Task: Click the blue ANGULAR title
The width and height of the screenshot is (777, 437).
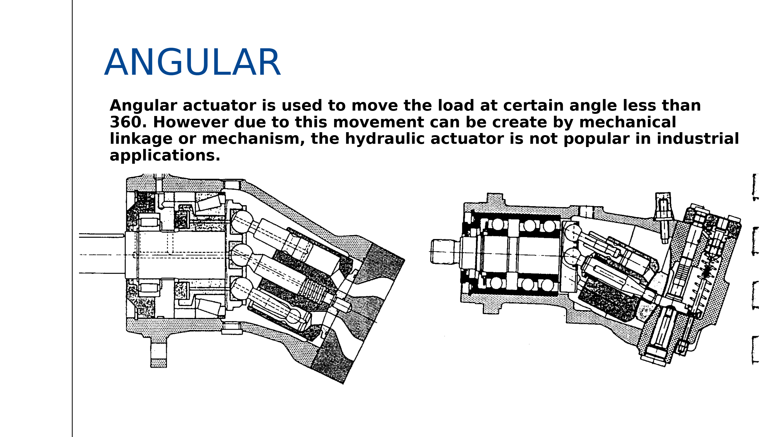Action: (192, 62)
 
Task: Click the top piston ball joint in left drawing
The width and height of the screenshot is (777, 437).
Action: (242, 222)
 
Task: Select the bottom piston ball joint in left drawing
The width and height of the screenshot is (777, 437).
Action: (242, 289)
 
